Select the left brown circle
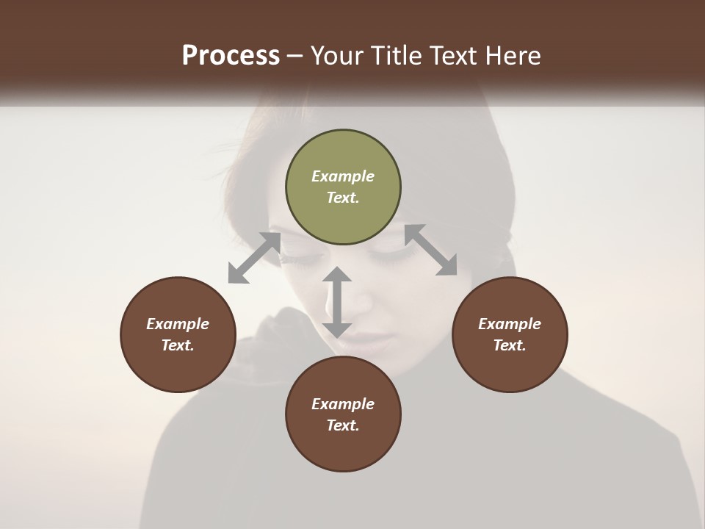coord(178,334)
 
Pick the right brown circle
coord(510,334)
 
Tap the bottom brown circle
coord(343,414)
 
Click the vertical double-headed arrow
coord(337,302)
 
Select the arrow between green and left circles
coord(254,258)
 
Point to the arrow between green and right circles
coord(430,250)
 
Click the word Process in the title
coord(231,56)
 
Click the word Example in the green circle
coord(343,176)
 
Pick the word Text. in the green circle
coord(343,198)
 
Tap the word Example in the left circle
coord(178,324)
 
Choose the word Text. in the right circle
coord(510,345)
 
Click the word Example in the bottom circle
coord(343,404)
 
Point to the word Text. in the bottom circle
coord(343,425)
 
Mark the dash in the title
coord(295,56)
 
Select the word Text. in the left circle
coord(178,345)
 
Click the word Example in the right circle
coord(510,324)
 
